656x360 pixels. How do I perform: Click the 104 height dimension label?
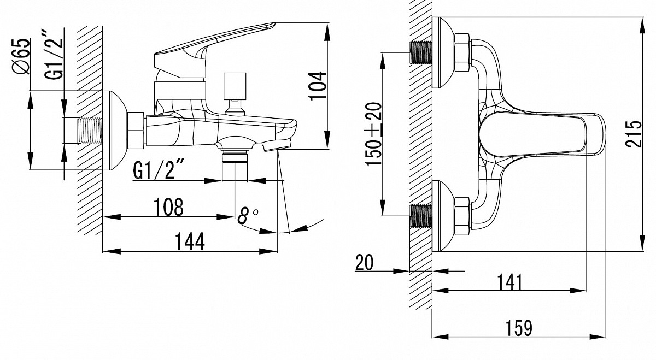point(318,85)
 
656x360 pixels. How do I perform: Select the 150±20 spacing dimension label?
point(374,134)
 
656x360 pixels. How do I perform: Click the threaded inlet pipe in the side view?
point(90,131)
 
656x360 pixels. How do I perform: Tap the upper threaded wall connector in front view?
point(421,52)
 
